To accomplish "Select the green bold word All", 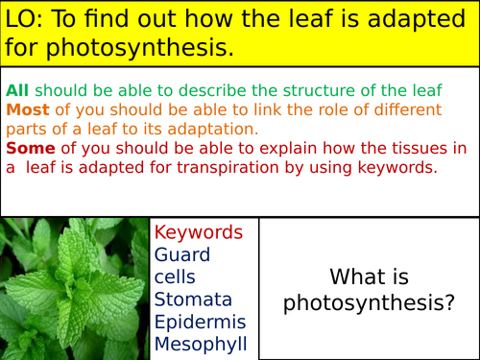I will point(16,90).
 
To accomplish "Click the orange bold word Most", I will point(25,109).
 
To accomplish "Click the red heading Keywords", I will point(199,232).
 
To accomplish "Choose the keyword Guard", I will point(182,254).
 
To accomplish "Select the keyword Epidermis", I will point(200,322).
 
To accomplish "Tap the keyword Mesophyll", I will point(201,344).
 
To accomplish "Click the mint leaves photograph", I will point(75,288).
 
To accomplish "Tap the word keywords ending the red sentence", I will point(395,166).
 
